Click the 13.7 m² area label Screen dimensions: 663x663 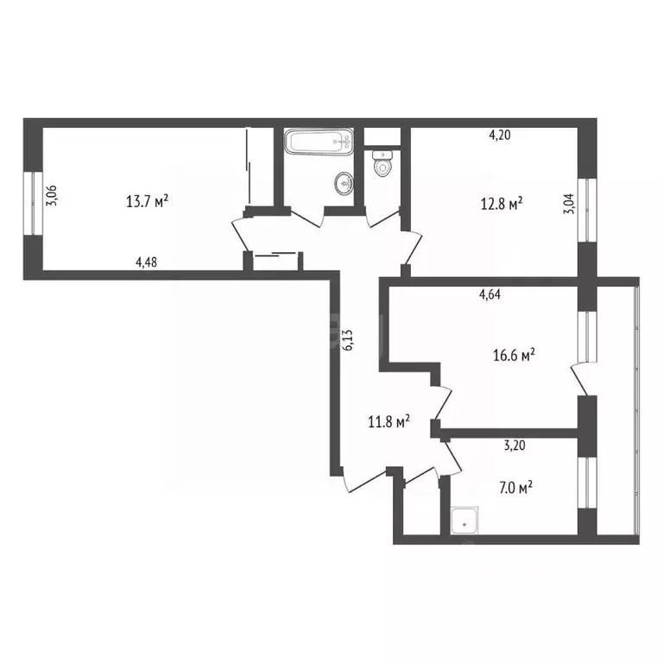pyautogui.click(x=147, y=202)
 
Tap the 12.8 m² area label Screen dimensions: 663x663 pyautogui.click(x=502, y=204)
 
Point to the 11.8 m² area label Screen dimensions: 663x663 pyautogui.click(x=388, y=421)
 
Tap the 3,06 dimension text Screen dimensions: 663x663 pyautogui.click(x=52, y=196)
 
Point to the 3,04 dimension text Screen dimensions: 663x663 pyautogui.click(x=568, y=212)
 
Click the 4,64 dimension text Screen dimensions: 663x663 pyautogui.click(x=490, y=294)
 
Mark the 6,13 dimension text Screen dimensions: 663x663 pyautogui.click(x=349, y=338)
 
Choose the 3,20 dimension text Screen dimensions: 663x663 pyautogui.click(x=515, y=446)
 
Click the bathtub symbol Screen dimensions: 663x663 pyautogui.click(x=319, y=142)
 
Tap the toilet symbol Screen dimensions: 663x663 pyautogui.click(x=382, y=162)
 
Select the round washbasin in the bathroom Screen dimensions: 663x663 pyautogui.click(x=344, y=182)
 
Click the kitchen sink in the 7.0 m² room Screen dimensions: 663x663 pyautogui.click(x=467, y=519)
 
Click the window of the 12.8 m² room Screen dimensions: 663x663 pyautogui.click(x=587, y=210)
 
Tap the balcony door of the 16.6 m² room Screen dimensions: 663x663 pyautogui.click(x=577, y=377)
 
